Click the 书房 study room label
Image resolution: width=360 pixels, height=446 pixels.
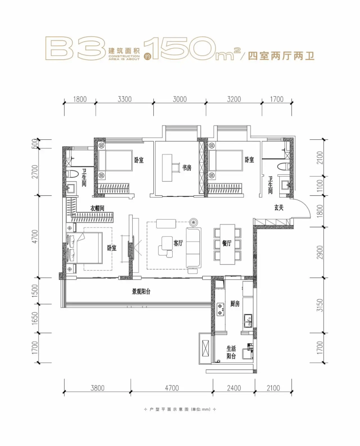coord(187,168)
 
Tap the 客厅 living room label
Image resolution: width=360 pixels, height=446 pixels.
coord(178,243)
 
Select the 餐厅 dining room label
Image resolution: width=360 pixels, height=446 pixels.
coord(227,243)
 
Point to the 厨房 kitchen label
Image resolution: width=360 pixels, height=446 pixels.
coord(234,304)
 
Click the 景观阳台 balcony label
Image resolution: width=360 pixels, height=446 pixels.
coord(141,292)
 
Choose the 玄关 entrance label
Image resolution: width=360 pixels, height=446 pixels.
coord(279,207)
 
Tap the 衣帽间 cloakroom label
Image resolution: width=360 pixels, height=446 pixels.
coord(97,208)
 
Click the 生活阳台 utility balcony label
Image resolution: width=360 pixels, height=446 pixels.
coord(231,352)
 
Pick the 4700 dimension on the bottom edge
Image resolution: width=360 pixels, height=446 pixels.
coord(172,388)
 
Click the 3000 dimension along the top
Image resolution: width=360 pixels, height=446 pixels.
coord(180,99)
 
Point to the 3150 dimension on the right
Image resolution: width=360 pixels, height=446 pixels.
coord(320,305)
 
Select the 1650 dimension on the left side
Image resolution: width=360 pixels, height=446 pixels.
coord(35,318)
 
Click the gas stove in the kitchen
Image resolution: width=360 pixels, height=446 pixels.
coord(220,309)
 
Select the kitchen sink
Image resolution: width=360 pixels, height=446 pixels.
coord(248,320)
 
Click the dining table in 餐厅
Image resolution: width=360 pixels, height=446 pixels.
coord(228,244)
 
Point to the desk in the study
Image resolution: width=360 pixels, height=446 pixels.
coord(167,168)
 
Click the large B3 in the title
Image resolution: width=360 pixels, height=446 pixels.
coord(75,48)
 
